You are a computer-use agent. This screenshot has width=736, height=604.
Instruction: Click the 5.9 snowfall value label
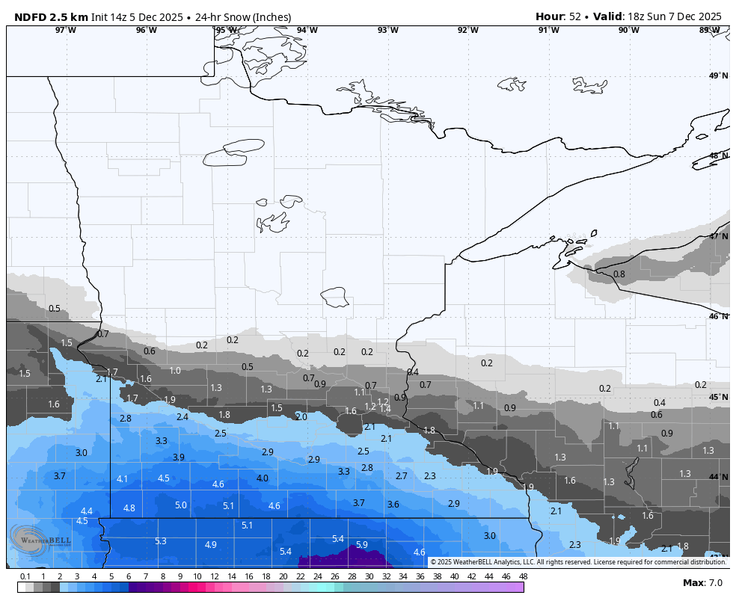(362, 545)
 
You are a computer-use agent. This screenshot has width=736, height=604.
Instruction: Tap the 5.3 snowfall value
(161, 541)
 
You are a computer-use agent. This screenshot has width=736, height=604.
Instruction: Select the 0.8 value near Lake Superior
(619, 274)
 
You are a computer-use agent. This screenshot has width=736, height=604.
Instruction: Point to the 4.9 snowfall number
(211, 545)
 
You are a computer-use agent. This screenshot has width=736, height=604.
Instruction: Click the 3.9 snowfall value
(179, 457)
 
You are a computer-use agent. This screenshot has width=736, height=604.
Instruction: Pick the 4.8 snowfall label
(129, 508)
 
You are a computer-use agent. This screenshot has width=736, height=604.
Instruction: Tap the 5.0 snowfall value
(181, 505)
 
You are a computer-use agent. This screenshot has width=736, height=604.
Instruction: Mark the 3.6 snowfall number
(393, 505)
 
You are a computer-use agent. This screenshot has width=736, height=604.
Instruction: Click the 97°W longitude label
(66, 30)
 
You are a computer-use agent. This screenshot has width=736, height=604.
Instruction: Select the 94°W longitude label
(307, 30)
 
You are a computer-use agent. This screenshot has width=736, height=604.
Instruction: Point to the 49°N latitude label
(718, 75)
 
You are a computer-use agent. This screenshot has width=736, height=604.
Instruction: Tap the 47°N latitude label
(718, 236)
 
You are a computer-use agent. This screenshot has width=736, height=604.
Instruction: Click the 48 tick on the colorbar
(523, 576)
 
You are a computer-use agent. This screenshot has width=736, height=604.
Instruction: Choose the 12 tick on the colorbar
(215, 576)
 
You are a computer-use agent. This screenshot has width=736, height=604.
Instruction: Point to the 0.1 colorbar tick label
(25, 576)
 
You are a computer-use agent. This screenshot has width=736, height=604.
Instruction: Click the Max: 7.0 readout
(702, 583)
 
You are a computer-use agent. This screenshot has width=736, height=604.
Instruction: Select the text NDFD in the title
(30, 16)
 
